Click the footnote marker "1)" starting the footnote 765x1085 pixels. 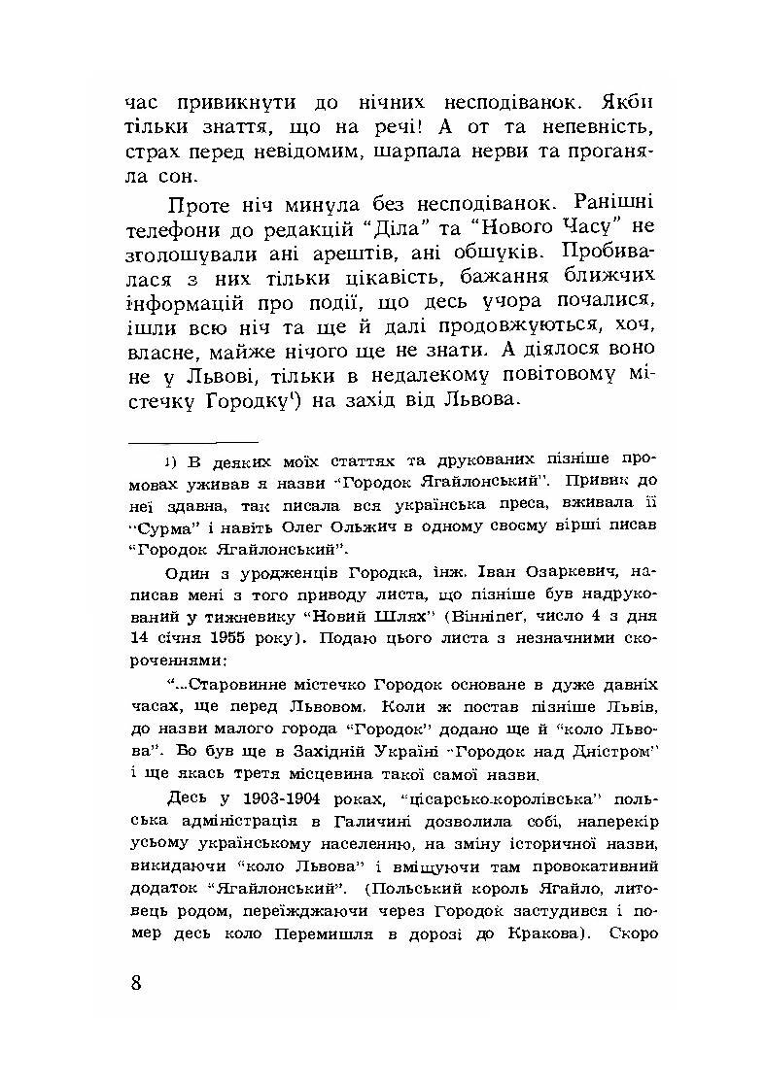point(168,460)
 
